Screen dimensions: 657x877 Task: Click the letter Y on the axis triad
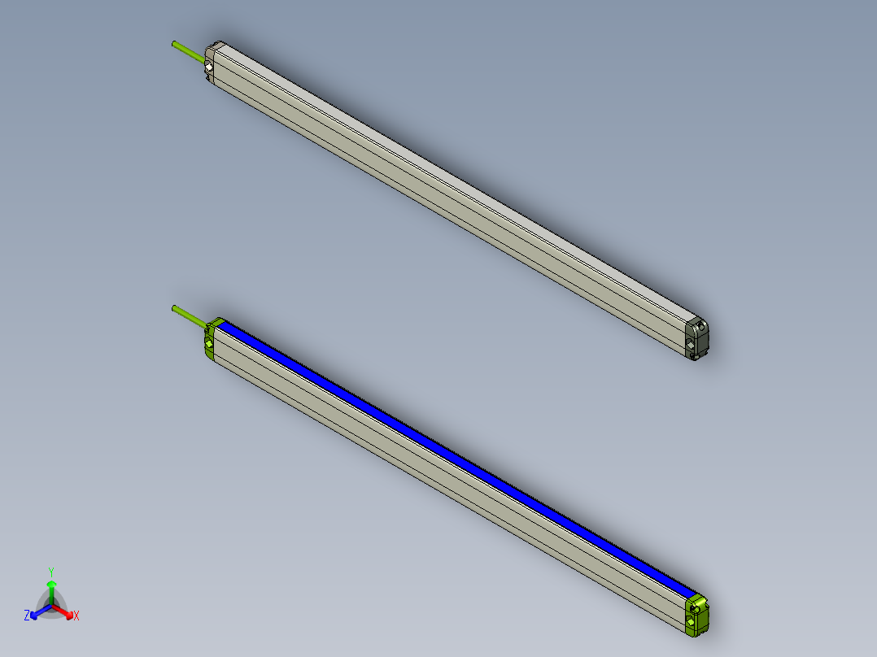(x=51, y=572)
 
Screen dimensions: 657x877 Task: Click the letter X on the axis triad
(x=76, y=616)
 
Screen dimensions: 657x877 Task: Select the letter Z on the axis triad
(x=27, y=616)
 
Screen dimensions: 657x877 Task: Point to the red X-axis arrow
(x=65, y=612)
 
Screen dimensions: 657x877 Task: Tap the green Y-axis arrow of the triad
(x=51, y=590)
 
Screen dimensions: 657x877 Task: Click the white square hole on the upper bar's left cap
(x=209, y=67)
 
